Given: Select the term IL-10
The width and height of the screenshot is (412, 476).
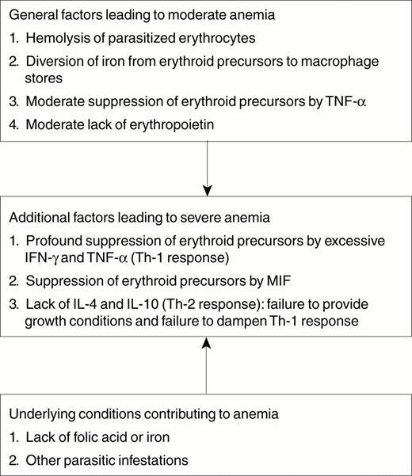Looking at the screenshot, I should point(135,303).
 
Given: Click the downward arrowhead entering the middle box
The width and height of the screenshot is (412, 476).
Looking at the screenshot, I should point(206,191).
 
